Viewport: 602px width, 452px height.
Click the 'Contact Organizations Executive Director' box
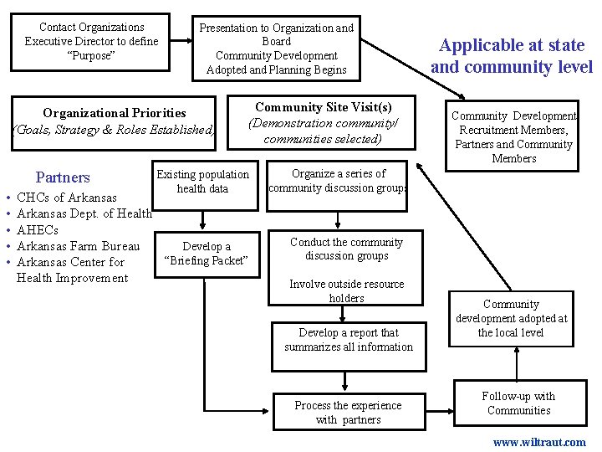[x=91, y=41]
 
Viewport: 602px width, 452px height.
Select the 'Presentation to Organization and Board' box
[x=276, y=49]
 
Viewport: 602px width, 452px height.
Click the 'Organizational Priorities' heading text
[x=115, y=113]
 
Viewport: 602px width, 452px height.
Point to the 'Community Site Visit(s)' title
[x=323, y=107]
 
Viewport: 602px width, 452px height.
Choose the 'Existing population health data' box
[x=203, y=182]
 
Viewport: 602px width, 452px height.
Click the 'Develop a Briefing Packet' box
[x=206, y=253]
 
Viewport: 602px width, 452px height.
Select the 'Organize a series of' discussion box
[x=339, y=181]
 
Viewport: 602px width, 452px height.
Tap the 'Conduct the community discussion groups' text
[x=346, y=249]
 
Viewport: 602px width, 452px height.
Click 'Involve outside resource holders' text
[x=346, y=290]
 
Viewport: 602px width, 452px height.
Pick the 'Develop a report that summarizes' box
[x=348, y=340]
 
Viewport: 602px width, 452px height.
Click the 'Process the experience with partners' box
[x=348, y=413]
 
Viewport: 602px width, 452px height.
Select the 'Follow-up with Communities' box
[x=518, y=403]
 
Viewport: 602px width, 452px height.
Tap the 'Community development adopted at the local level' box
[x=511, y=319]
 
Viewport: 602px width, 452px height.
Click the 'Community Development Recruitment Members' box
[x=513, y=137]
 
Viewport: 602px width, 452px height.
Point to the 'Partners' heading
[x=63, y=177]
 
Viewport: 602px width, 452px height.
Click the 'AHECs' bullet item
[x=38, y=230]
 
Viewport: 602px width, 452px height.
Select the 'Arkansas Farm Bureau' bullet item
[x=78, y=246]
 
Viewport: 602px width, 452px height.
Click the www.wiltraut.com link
[x=539, y=442]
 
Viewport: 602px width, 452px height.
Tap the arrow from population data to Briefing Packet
[x=203, y=216]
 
